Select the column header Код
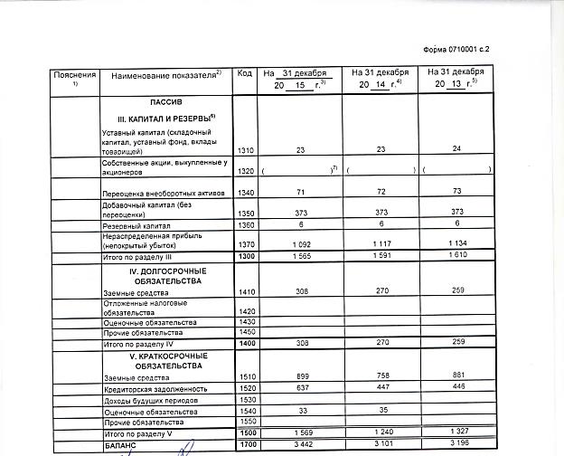pyautogui.click(x=244, y=72)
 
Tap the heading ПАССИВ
pyautogui.click(x=166, y=104)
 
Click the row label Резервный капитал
pyautogui.click(x=136, y=224)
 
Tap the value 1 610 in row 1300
pyautogui.click(x=459, y=258)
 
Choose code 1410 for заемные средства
pyautogui.click(x=244, y=294)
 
